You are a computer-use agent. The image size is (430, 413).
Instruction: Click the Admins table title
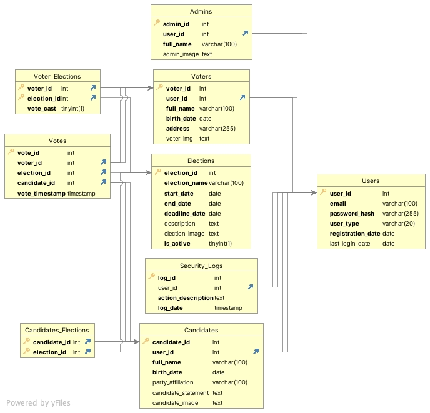click(201, 12)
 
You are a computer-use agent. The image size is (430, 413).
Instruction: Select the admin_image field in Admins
click(181, 54)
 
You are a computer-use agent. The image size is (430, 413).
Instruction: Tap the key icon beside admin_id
click(157, 24)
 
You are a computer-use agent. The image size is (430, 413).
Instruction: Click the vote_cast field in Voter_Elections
click(41, 109)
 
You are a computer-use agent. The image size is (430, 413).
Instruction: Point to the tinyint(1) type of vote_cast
click(72, 109)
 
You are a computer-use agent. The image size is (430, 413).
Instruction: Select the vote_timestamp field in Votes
click(41, 194)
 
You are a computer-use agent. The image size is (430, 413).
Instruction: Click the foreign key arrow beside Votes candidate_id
click(104, 183)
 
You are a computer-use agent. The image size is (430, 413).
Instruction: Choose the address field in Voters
click(178, 129)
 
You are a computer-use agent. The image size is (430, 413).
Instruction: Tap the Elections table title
click(201, 161)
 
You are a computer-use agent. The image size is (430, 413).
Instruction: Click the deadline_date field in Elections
click(184, 214)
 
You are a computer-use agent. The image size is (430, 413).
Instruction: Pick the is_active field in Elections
click(178, 244)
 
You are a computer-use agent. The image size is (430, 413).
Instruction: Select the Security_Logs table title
click(201, 266)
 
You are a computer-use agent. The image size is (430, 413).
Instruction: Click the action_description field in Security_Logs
click(186, 298)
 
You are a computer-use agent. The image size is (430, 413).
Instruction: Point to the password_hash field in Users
click(352, 214)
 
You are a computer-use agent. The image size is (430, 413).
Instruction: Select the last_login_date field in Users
click(353, 244)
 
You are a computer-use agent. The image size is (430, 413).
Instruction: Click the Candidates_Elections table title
click(57, 330)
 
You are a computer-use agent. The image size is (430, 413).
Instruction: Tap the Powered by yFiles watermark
click(38, 403)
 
